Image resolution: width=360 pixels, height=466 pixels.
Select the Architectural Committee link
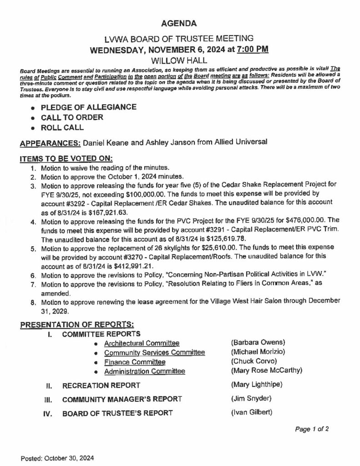coord(142,343)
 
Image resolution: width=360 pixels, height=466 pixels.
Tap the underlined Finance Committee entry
coord(134,362)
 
